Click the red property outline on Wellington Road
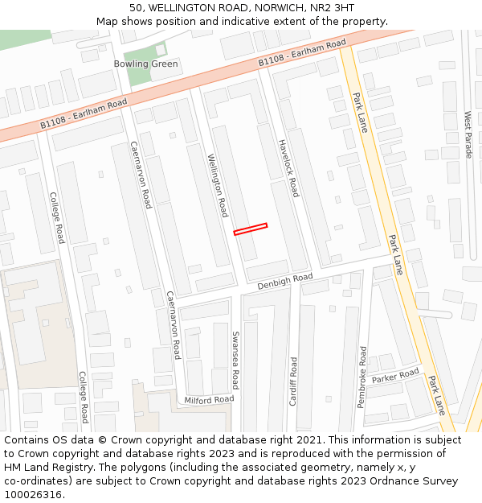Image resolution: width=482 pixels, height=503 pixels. pyautogui.click(x=251, y=229)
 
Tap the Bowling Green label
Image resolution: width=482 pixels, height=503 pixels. pyautogui.click(x=145, y=64)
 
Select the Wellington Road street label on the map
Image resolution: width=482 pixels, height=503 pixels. pyautogui.click(x=217, y=185)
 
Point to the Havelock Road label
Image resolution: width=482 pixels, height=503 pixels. pyautogui.click(x=288, y=168)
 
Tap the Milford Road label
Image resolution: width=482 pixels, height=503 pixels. pyautogui.click(x=209, y=399)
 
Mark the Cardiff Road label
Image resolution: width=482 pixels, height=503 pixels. pyautogui.click(x=293, y=381)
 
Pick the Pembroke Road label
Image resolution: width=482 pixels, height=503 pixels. pyautogui.click(x=362, y=377)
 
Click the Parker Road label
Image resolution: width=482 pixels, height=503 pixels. pyautogui.click(x=395, y=377)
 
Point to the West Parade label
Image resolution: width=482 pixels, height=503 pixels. pyautogui.click(x=468, y=134)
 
